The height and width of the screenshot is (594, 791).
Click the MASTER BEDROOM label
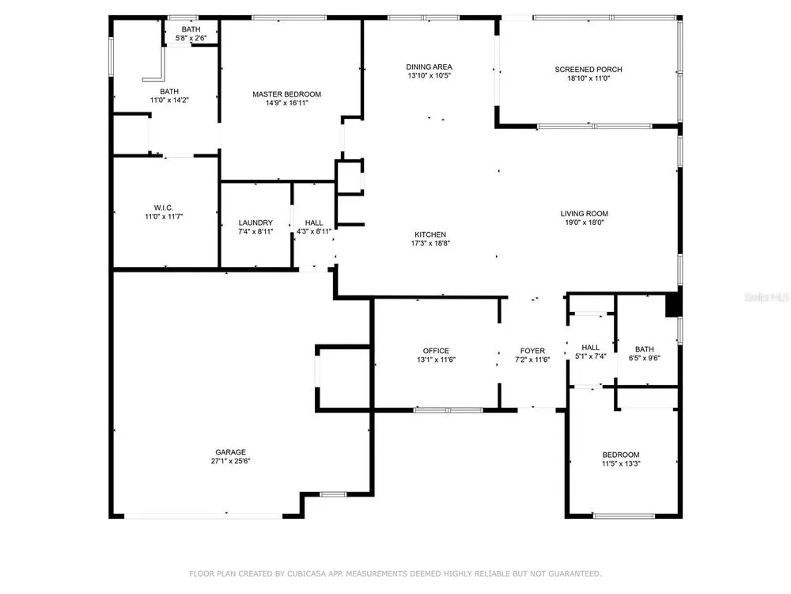[x=286, y=94]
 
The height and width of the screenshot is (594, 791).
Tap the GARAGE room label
[x=230, y=452]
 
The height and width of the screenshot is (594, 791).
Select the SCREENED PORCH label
[x=589, y=69]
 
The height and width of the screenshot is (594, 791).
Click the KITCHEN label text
[x=430, y=234]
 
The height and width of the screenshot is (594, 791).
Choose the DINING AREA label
[x=429, y=67]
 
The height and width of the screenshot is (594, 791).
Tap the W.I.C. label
[x=164, y=208]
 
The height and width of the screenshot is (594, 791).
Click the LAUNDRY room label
[x=255, y=223]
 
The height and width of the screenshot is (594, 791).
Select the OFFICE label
[x=436, y=351]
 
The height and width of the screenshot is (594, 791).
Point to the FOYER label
[x=532, y=351]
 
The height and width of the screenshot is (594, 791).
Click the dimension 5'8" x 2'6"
[x=191, y=38]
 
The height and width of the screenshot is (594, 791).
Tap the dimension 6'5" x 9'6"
[x=644, y=358]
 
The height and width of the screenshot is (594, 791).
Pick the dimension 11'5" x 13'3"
[x=620, y=463]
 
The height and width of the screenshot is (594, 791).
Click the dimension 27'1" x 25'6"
[x=230, y=461]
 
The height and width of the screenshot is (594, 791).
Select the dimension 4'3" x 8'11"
[x=314, y=232]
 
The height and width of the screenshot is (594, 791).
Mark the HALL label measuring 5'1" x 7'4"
[x=590, y=348]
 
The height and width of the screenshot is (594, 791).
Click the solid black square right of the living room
[x=673, y=305]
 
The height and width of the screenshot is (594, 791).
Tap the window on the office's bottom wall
[x=448, y=410]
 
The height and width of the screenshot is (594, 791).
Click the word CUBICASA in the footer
[x=307, y=573]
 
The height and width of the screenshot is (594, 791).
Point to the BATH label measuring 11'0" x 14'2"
[x=169, y=91]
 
